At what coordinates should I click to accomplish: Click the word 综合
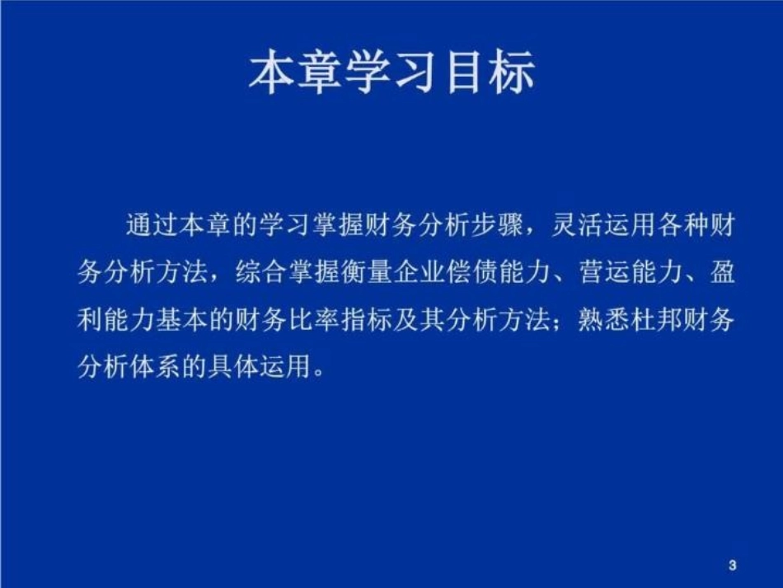click(x=259, y=273)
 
